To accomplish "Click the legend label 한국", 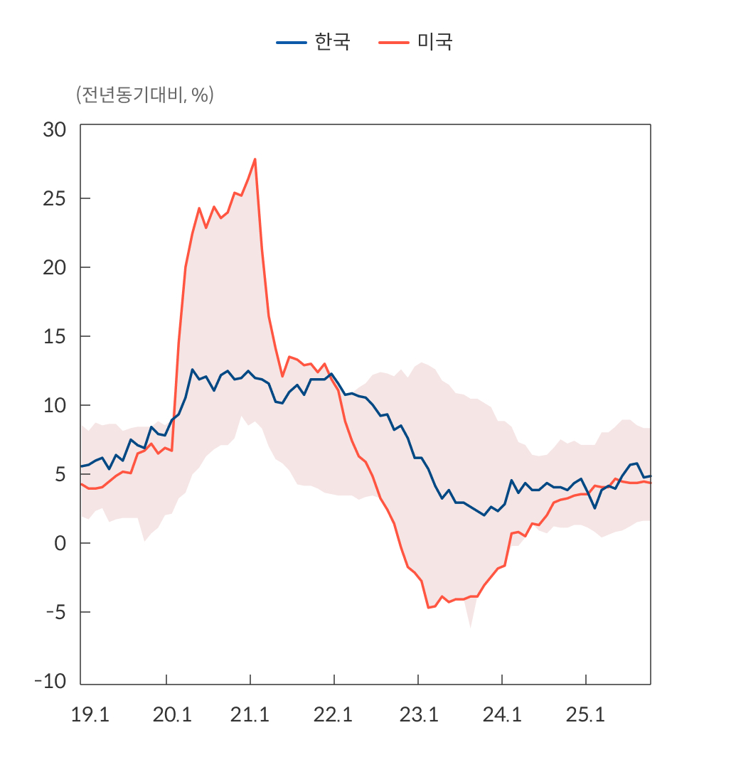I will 332,42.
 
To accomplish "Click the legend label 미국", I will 434,42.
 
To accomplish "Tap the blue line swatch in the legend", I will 291,43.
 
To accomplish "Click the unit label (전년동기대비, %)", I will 144,95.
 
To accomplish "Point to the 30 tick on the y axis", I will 54,129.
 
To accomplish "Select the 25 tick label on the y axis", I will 54,198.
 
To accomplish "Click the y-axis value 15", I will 54,336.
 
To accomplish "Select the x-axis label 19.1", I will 90,715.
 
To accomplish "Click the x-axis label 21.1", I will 250,715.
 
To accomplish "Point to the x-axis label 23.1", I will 418,715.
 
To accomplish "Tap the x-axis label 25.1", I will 585,715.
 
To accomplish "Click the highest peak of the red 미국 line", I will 255,159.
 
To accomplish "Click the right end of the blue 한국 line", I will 650,476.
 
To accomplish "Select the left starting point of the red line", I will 81,484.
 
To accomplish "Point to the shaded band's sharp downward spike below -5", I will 470,626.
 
